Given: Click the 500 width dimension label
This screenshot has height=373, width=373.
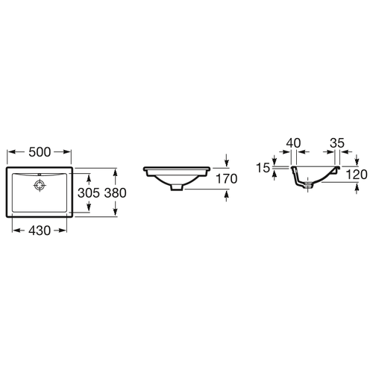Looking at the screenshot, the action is [40, 152].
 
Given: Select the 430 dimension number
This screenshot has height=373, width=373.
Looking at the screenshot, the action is [40, 231].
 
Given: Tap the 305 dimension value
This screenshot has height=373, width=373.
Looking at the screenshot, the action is [89, 193].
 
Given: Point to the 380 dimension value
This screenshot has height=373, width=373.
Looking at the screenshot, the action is [115, 193].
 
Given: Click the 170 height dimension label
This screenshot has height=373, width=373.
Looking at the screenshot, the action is [227, 179].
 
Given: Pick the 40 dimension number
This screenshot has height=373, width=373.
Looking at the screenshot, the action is [293, 143].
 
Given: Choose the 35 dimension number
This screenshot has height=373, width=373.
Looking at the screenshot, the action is [337, 143].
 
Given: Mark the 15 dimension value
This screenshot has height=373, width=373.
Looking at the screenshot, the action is [263, 168].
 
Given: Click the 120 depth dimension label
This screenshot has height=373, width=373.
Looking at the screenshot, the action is [357, 175].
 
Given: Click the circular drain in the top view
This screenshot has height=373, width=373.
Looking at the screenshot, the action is [40, 185].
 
